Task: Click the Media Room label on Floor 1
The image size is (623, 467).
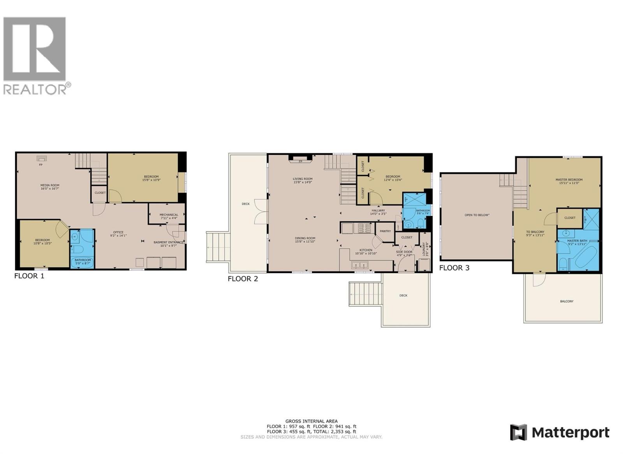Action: (x=50, y=187)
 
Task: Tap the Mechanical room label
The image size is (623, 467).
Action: (x=169, y=216)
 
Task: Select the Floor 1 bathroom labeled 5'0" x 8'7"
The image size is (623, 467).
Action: (x=83, y=262)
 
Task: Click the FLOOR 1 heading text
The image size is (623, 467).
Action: (x=29, y=276)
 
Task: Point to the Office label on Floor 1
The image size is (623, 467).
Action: (x=118, y=233)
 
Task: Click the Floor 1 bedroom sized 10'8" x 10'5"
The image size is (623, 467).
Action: (x=42, y=242)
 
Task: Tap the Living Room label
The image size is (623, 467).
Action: (x=303, y=181)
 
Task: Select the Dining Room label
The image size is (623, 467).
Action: (x=305, y=240)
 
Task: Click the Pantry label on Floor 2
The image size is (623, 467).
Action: (x=385, y=231)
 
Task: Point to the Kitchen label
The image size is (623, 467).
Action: (x=366, y=251)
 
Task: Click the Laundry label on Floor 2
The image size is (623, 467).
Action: (x=424, y=249)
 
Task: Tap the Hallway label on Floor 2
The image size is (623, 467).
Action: (x=378, y=212)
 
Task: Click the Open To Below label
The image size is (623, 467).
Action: (x=477, y=215)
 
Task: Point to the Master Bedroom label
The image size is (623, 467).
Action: (x=569, y=181)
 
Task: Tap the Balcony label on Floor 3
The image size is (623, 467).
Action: (x=567, y=301)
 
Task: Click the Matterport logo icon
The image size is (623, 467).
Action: (x=518, y=432)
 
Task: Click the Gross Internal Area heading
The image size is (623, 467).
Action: (x=311, y=421)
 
